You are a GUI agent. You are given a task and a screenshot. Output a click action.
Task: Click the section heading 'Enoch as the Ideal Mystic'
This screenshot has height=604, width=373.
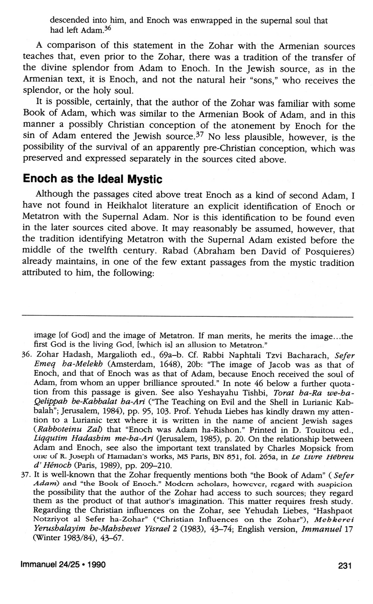93,179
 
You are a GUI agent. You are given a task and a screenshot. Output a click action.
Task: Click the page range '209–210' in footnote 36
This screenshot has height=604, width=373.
154,466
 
